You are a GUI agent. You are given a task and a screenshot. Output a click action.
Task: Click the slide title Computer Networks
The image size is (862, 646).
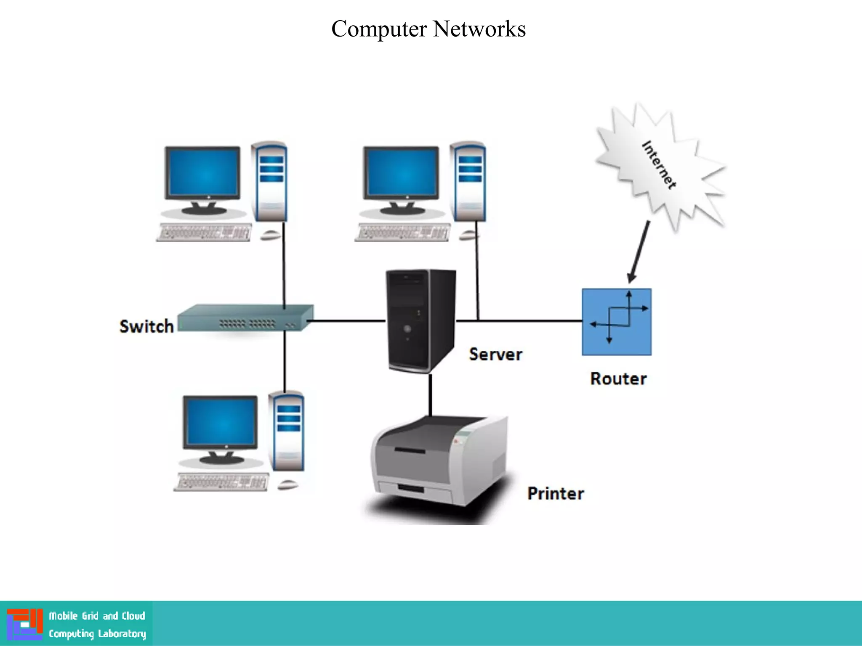(428, 29)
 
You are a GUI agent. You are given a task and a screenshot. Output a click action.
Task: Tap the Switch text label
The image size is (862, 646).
(146, 326)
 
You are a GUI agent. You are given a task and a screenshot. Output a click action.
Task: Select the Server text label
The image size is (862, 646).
(495, 354)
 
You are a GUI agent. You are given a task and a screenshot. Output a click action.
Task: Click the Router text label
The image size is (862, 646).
(618, 379)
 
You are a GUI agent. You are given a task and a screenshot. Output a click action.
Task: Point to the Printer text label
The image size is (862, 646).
(556, 493)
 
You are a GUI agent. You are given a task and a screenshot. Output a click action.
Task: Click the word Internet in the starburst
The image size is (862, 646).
(659, 165)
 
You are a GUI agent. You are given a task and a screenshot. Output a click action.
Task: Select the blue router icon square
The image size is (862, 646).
(616, 322)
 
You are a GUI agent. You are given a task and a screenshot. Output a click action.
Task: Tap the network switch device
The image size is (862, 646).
(245, 318)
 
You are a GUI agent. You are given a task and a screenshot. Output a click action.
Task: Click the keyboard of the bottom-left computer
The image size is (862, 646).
(221, 482)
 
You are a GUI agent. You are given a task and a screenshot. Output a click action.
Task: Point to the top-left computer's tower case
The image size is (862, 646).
(269, 182)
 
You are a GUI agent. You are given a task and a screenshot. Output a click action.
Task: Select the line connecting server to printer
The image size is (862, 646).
(430, 394)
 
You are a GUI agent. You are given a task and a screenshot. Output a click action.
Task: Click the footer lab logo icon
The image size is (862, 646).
(25, 624)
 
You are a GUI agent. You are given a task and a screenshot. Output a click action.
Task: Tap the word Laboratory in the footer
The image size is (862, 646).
(122, 634)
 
